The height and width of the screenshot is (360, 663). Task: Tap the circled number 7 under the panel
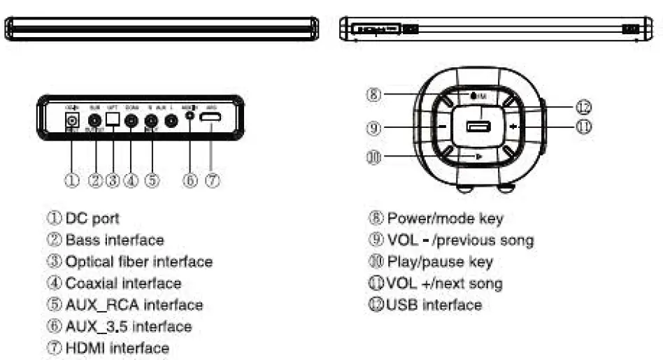(x=214, y=180)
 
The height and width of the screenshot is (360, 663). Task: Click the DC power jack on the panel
(x=71, y=120)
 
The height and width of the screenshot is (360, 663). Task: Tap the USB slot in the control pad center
(x=480, y=127)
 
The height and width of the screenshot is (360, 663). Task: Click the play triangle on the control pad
(x=478, y=156)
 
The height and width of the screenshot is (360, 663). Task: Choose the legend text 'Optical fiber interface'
(x=138, y=262)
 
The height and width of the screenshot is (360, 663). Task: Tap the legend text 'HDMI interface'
(x=117, y=347)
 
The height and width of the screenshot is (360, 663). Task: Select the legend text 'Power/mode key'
(x=445, y=219)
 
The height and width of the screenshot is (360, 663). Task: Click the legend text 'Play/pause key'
(x=440, y=262)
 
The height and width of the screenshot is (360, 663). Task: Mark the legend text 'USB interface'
(x=434, y=305)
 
